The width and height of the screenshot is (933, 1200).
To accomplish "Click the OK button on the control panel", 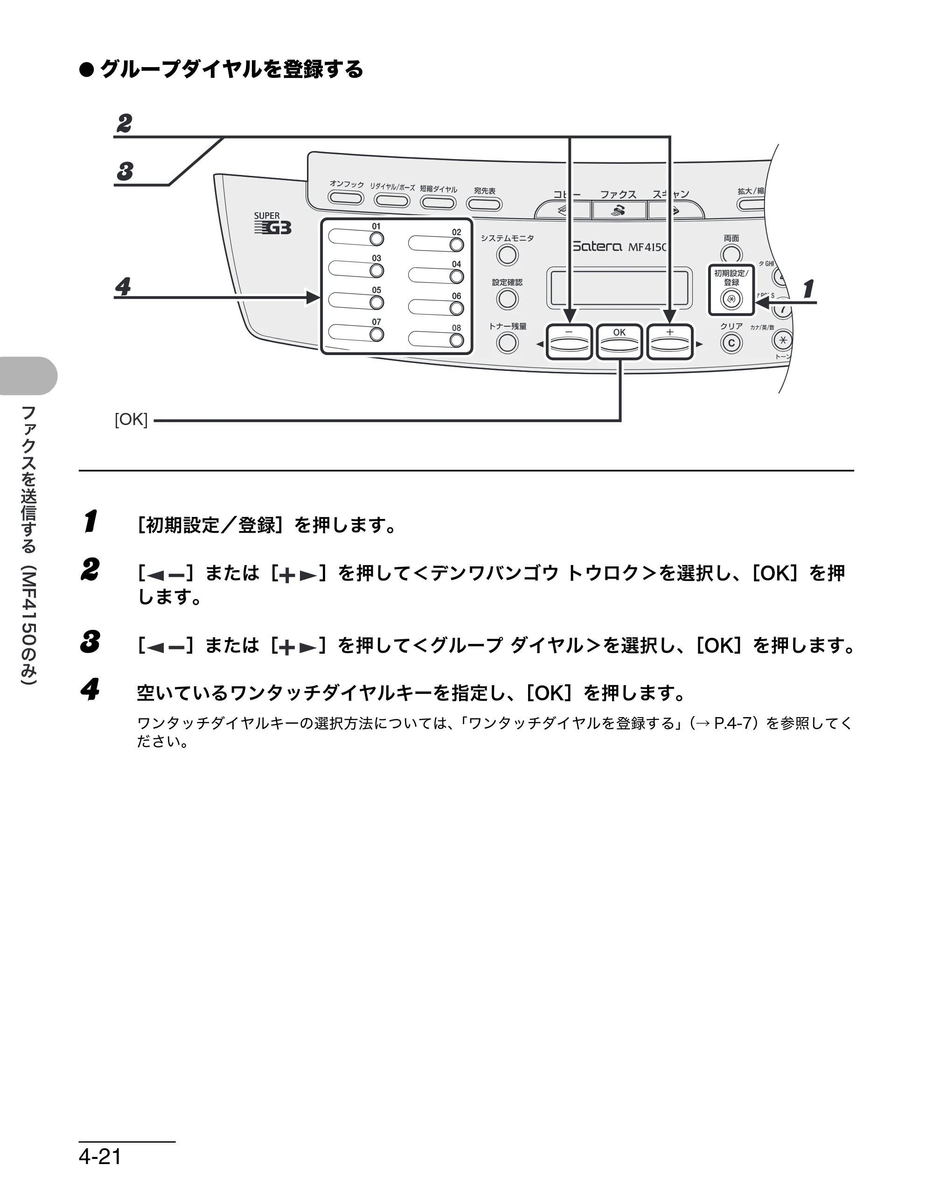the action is [x=619, y=342].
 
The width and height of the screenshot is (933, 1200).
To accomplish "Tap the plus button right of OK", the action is [x=669, y=342].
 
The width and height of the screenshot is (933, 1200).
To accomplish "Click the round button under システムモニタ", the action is [x=507, y=255].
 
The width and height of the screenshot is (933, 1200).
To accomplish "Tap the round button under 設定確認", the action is [x=507, y=299].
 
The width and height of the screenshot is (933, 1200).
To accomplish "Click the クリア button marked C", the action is [x=731, y=343].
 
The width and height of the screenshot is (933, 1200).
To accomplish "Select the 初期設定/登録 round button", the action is [x=731, y=300].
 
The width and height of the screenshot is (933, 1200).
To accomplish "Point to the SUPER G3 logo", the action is [x=272, y=223].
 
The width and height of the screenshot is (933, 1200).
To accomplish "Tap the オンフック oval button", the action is [x=346, y=198].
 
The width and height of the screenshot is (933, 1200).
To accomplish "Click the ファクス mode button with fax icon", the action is [x=619, y=210].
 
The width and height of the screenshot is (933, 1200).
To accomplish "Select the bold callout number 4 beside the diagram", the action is [x=123, y=286].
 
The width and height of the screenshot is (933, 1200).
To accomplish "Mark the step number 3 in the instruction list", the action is [x=91, y=642].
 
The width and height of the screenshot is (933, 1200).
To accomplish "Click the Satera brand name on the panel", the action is [x=597, y=247].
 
